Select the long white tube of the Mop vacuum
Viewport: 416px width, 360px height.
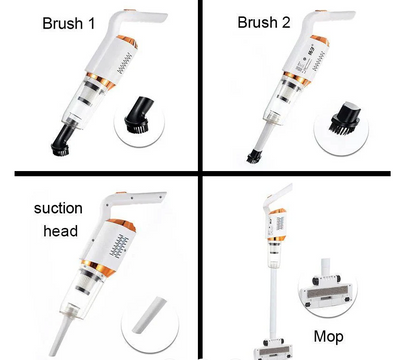pyautogui.click(x=270, y=300)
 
